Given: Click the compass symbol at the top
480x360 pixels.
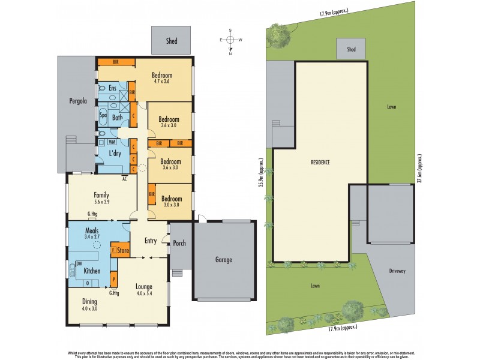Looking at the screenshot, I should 230,40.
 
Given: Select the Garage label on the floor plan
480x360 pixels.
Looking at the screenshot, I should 225,260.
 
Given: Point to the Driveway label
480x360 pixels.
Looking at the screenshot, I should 397,271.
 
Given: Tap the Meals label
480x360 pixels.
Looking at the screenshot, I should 92,230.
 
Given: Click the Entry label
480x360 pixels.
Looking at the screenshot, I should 151,241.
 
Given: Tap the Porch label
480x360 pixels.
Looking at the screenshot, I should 180,243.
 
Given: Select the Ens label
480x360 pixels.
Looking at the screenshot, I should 112,89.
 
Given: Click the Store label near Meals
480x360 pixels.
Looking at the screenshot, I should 122,250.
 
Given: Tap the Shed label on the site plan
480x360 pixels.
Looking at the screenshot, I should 351,50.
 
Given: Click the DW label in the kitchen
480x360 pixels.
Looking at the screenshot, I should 79,263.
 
